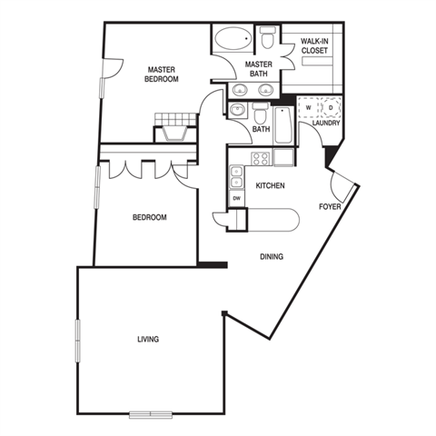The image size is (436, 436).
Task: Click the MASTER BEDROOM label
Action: click(x=162, y=74)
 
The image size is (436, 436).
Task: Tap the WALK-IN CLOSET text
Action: click(x=314, y=46)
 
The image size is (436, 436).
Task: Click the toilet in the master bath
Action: click(x=268, y=37)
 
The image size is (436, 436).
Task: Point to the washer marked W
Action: click(x=309, y=107)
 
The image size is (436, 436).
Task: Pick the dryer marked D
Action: click(x=331, y=107)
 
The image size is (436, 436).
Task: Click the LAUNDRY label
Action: click(x=326, y=124)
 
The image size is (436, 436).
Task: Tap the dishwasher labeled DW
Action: click(x=237, y=198)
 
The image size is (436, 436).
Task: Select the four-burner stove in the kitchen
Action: click(x=261, y=159)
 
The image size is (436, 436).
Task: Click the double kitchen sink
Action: click(x=236, y=176)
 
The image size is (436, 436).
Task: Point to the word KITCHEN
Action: click(x=270, y=185)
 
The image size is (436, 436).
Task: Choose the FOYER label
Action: click(x=330, y=207)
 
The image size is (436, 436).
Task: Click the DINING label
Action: click(x=272, y=257)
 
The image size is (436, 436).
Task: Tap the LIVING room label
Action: click(x=148, y=340)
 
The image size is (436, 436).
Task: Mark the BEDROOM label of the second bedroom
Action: click(x=150, y=217)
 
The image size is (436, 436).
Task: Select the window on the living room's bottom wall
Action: click(x=151, y=414)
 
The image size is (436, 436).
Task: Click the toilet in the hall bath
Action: click(x=260, y=113)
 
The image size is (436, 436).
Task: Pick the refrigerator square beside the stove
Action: click(x=283, y=157)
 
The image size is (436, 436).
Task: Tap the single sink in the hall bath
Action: click(x=238, y=110)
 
